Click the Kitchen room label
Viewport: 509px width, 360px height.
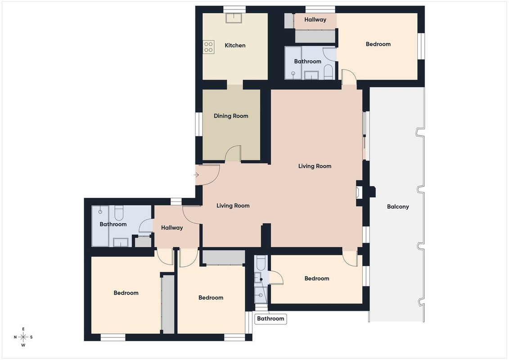pos(235,45)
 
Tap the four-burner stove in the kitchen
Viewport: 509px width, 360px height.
pos(208,47)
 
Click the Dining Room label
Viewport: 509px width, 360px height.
pos(231,116)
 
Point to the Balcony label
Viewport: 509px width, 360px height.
pos(398,207)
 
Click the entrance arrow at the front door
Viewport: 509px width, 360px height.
pos(196,175)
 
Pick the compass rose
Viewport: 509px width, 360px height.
pos(23,337)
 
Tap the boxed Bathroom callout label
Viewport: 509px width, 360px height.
pos(270,319)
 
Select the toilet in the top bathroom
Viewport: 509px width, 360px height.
pos(329,72)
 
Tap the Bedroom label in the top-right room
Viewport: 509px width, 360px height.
pos(378,44)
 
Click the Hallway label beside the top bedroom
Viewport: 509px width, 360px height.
pos(315,19)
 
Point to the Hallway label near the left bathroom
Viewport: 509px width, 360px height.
pos(172,228)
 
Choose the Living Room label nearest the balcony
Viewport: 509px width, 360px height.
pos(315,166)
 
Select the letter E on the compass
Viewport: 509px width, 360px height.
pos(23,329)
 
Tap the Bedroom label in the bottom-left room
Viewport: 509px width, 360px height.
pos(126,293)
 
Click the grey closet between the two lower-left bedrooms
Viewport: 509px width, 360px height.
pos(168,304)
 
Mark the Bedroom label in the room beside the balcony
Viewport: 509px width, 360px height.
pos(317,279)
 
